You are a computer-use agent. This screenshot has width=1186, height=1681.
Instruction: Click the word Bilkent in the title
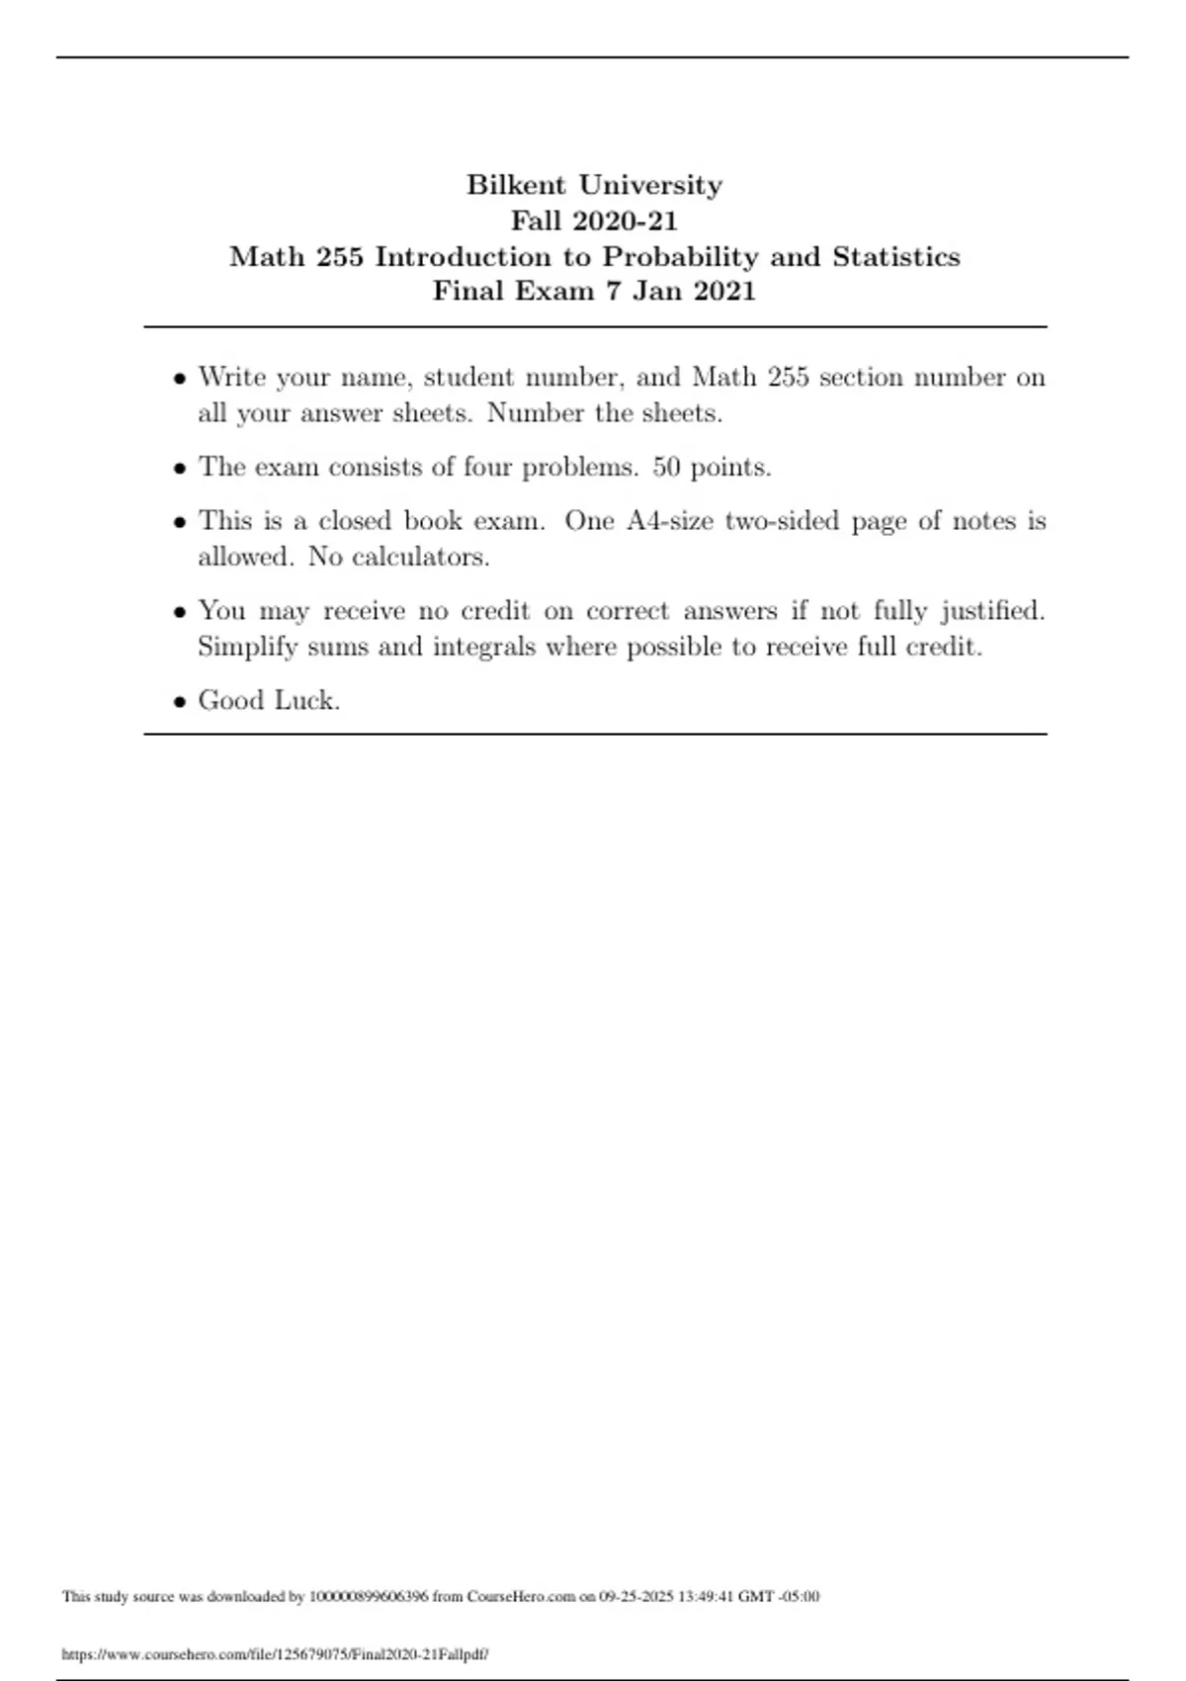click(516, 185)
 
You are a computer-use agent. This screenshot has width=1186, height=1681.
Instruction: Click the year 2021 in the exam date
click(725, 292)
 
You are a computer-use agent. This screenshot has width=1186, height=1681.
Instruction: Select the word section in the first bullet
click(859, 378)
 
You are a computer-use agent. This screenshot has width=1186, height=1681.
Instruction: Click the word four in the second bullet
click(487, 468)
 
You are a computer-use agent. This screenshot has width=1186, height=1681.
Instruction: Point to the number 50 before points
click(666, 468)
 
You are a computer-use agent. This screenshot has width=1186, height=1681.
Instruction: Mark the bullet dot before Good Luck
click(179, 702)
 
